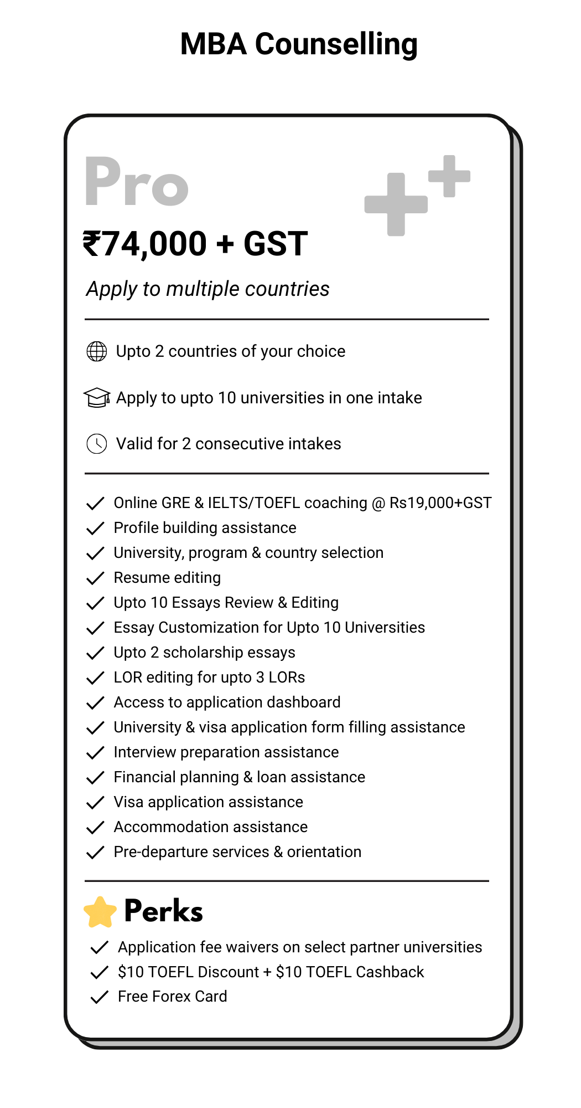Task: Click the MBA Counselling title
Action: coord(299,44)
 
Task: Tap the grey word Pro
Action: coord(137,182)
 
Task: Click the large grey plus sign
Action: coord(396,204)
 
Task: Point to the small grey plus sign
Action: coord(449,176)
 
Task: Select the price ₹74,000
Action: coord(145,244)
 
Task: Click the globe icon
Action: coord(97,351)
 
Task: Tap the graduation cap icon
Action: coord(97,397)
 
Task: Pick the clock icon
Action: coord(97,444)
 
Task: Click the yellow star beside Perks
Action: coord(100,912)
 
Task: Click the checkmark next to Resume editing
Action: coord(96,578)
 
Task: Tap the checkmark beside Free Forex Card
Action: coord(99,997)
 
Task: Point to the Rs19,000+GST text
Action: coord(440,503)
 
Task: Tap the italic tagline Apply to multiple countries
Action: coord(207,289)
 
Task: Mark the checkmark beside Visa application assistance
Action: coord(96,803)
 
